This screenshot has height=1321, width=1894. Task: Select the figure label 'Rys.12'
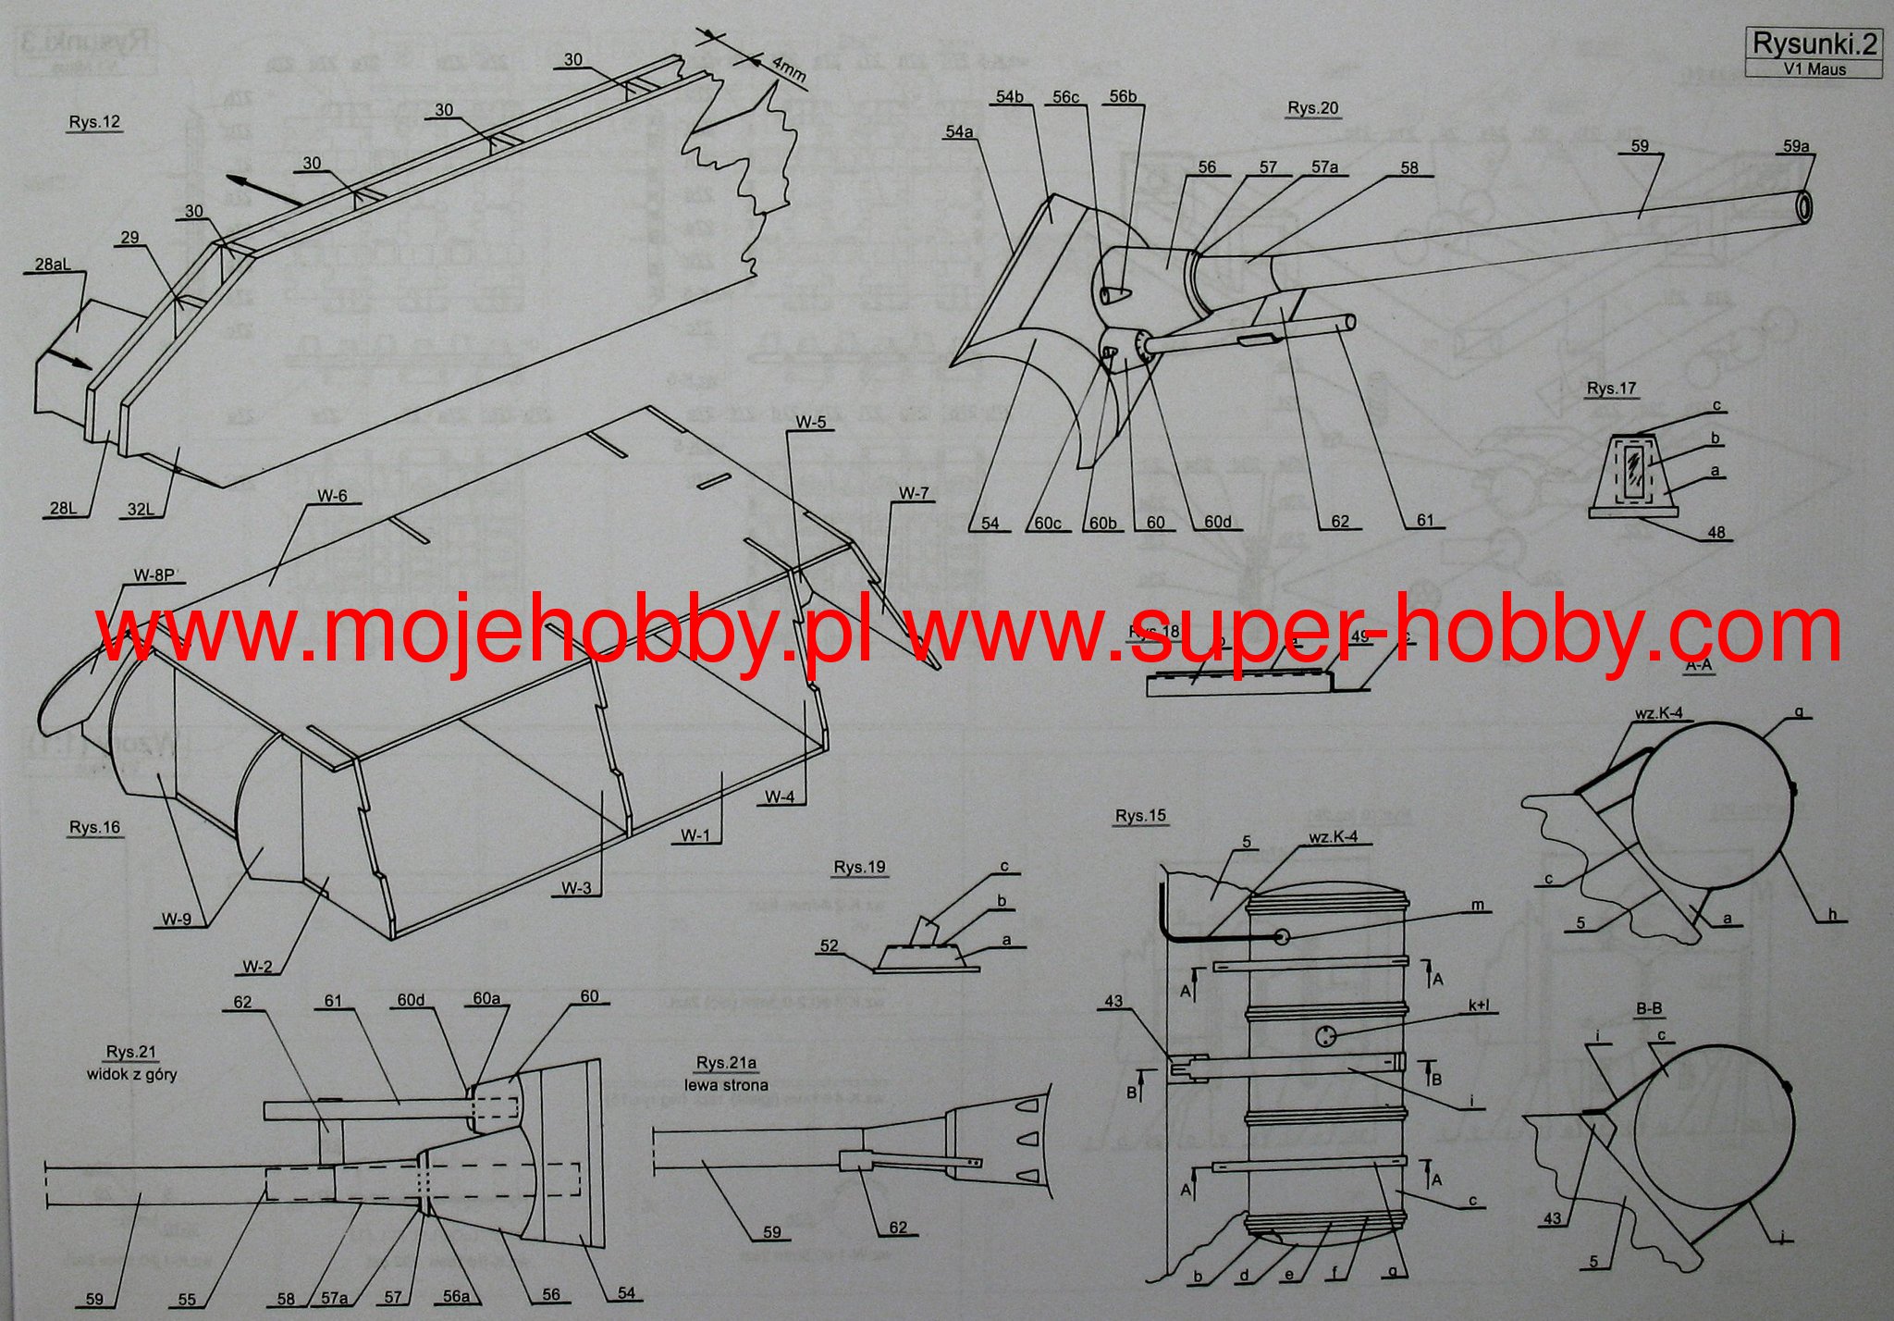coord(94,122)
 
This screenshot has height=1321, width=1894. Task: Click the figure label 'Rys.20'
coord(1312,108)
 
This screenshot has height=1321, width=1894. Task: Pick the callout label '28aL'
coord(53,265)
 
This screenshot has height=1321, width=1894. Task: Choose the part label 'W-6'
coord(332,496)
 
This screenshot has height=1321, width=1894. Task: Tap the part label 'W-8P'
coord(154,575)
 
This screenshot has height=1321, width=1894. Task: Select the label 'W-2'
coord(258,967)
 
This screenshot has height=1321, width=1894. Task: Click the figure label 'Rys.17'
coord(1611,389)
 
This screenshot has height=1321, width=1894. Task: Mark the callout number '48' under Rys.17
coord(1716,533)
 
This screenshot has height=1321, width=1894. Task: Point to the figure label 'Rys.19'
coord(859,868)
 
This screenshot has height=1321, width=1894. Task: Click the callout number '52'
coord(829,945)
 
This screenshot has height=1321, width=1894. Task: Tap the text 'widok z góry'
coord(131,1074)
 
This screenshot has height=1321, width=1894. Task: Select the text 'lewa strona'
coord(726,1085)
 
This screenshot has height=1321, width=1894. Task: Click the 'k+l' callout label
coord(1479,1006)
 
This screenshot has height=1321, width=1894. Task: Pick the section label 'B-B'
coord(1649,1008)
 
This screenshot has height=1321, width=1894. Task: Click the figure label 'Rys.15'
coord(1140,816)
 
